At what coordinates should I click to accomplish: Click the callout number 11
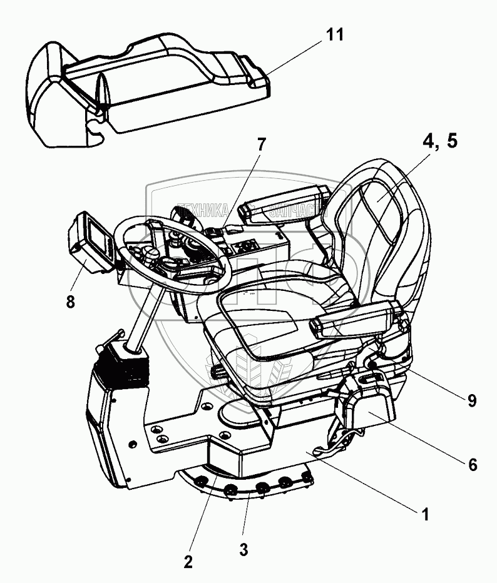(x=335, y=34)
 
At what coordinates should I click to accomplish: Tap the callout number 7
(x=260, y=143)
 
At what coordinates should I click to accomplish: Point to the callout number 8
(x=70, y=302)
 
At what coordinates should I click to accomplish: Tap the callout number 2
(x=187, y=561)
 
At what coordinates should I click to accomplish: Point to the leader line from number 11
(x=294, y=59)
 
